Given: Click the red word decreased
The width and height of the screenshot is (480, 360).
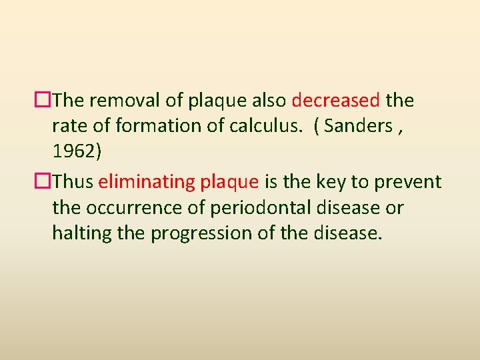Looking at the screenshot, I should click(x=336, y=101).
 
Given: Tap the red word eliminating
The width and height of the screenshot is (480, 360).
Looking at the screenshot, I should click(x=147, y=182).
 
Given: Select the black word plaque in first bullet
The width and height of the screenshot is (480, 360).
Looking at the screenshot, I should click(x=219, y=101).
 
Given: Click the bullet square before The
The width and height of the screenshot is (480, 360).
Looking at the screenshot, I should click(x=45, y=101).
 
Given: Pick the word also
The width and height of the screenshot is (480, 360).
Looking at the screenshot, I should click(x=269, y=101).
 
